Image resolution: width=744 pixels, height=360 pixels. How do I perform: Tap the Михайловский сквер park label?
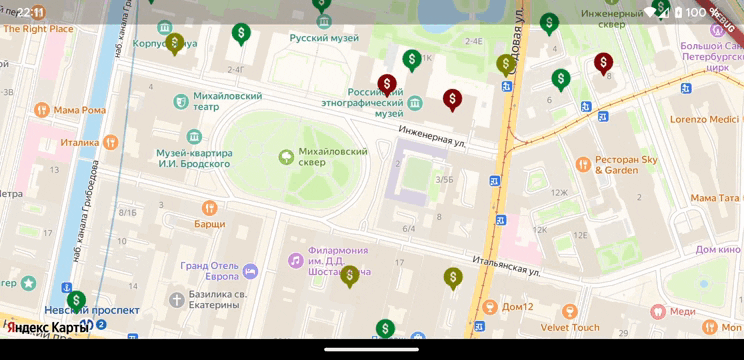[x=333, y=157]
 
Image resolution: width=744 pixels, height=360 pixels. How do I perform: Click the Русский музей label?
[x=324, y=38]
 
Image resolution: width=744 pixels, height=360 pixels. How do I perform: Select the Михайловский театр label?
[x=220, y=100]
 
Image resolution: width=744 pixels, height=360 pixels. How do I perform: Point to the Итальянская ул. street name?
[x=507, y=266]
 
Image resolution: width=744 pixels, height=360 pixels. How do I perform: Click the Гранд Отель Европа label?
[x=210, y=271]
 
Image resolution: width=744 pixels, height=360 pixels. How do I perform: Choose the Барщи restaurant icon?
[x=209, y=208]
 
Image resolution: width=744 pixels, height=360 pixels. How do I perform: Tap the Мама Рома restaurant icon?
[x=41, y=109]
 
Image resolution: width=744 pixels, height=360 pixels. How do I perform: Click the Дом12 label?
[x=517, y=307]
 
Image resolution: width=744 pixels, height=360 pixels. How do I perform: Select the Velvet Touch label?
[x=570, y=327]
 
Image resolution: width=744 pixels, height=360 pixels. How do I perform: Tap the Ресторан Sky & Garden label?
[x=626, y=164]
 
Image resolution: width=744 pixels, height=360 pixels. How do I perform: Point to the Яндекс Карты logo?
[x=47, y=327]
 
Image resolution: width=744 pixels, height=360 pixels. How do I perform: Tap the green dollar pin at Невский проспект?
[x=76, y=299]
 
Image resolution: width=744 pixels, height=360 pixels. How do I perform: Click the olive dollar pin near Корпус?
[x=174, y=42]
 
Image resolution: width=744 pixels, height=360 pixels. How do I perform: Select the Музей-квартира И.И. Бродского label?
[x=194, y=158]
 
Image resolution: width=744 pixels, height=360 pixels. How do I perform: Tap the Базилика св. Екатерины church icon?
[x=177, y=299]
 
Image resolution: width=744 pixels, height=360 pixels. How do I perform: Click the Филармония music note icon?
[x=295, y=260]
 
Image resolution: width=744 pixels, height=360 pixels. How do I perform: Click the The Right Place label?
[x=38, y=29]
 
